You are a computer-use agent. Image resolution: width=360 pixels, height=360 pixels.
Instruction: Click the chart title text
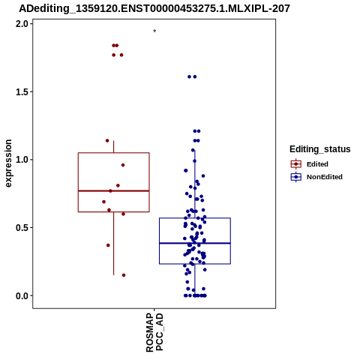(154, 8)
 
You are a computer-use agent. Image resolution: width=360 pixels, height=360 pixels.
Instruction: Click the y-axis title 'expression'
(8, 163)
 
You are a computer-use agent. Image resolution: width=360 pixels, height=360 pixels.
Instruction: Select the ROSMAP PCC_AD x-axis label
(154, 332)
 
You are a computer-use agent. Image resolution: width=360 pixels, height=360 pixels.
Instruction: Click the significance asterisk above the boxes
(154, 31)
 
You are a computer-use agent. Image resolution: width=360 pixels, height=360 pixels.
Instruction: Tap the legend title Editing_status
(319, 149)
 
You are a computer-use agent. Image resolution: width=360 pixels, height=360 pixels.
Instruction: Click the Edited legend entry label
(317, 164)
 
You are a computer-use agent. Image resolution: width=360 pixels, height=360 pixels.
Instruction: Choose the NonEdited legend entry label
(325, 177)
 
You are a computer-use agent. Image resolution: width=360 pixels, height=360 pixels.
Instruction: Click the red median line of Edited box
(114, 190)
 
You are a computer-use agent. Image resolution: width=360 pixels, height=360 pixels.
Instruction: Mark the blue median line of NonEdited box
(195, 243)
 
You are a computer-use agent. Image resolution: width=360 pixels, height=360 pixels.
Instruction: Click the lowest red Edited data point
(124, 275)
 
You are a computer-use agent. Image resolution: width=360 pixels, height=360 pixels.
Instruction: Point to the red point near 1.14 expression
(107, 140)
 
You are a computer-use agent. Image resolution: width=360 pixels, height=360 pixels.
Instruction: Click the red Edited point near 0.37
(108, 245)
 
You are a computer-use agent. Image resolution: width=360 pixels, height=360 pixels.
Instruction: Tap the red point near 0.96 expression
(123, 165)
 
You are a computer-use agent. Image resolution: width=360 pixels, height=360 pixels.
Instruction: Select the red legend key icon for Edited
(296, 164)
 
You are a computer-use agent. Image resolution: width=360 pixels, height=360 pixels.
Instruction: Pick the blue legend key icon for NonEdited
(296, 177)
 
